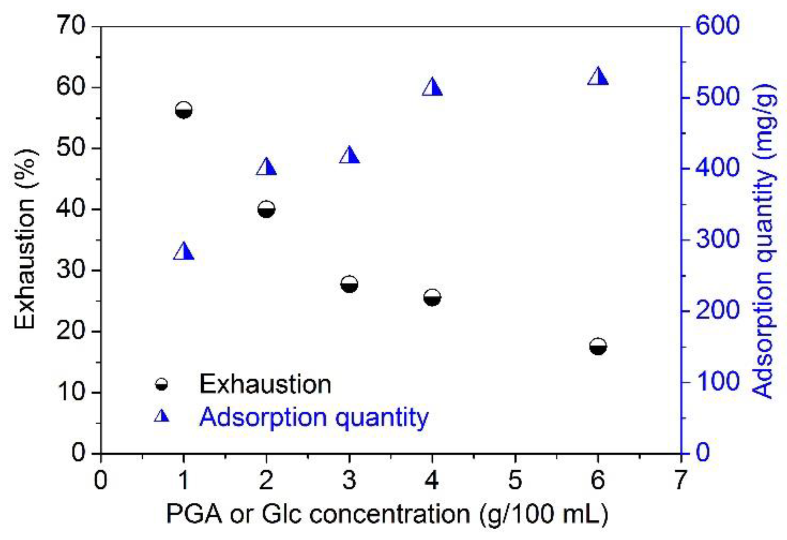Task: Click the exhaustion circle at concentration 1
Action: tap(183, 110)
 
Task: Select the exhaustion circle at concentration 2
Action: tap(266, 209)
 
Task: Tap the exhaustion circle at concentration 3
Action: tap(349, 284)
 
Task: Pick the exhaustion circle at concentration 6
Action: tap(598, 347)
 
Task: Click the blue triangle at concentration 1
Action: tap(184, 252)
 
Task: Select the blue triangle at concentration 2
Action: tap(266, 167)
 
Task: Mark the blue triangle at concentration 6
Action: tap(598, 77)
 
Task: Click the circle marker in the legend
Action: tap(162, 384)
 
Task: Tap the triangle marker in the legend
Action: tap(162, 416)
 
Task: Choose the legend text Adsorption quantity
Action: tap(314, 417)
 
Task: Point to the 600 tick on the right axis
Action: tap(717, 25)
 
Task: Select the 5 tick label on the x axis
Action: tap(515, 480)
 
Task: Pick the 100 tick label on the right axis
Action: tap(717, 381)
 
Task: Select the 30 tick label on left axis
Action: tap(71, 270)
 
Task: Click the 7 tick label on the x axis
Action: tap(681, 480)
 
